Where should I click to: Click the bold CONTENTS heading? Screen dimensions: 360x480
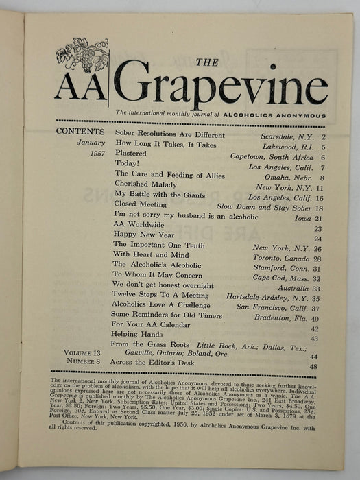pyautogui.click(x=80, y=132)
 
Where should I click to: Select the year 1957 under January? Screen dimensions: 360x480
pyautogui.click(x=93, y=154)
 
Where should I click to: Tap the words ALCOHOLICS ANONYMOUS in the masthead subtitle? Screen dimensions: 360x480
pyautogui.click(x=278, y=115)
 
